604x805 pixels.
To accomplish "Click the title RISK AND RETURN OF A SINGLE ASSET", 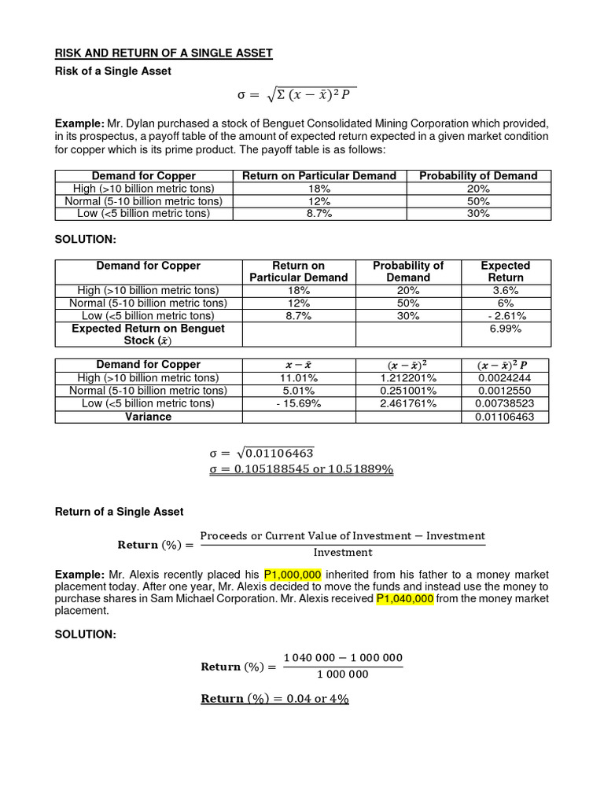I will coord(164,53).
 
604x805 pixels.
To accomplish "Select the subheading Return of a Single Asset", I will coord(119,511).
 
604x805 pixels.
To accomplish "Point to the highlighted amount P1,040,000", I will coord(405,598).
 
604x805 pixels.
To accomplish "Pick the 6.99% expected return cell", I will coord(506,329).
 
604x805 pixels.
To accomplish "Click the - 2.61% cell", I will coord(506,316).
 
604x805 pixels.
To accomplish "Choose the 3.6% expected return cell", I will coord(506,290).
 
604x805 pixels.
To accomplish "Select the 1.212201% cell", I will coord(408,378).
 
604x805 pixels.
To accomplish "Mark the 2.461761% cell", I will coord(408,403).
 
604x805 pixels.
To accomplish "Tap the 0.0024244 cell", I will coord(506,378).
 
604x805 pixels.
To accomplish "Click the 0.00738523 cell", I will coord(506,403).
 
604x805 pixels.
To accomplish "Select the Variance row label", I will coord(148,417).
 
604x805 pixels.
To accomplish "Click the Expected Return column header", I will coord(506,271).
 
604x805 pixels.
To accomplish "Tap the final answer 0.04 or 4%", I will coord(275,698).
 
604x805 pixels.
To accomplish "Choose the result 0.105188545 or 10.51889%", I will coord(301,469).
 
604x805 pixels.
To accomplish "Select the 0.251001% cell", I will coord(408,391).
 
